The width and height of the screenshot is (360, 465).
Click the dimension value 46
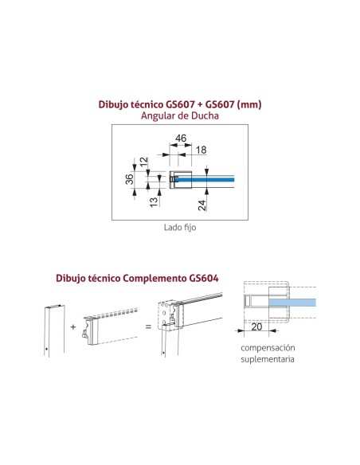(x=181, y=139)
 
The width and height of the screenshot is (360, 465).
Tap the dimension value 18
(x=201, y=150)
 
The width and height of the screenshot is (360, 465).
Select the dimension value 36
(x=129, y=179)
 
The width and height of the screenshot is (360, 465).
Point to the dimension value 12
(x=143, y=162)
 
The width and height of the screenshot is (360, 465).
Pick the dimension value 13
(x=154, y=202)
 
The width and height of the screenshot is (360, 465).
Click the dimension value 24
(x=202, y=205)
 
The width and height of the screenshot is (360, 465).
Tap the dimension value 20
(x=256, y=326)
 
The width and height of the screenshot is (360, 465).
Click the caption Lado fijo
(x=180, y=228)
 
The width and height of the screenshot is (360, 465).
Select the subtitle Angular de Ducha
(x=180, y=115)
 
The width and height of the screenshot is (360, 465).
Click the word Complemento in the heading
(x=155, y=279)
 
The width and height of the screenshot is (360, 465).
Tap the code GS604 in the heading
(x=203, y=278)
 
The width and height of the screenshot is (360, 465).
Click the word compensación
(x=268, y=348)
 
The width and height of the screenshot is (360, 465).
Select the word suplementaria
(x=268, y=359)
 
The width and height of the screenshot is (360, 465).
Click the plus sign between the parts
(x=73, y=327)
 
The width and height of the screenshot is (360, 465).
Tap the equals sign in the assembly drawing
(x=149, y=326)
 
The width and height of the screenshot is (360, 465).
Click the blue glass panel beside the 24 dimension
(x=205, y=179)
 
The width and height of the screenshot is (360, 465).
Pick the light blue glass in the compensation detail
(x=292, y=303)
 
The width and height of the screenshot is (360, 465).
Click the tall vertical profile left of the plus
(x=54, y=330)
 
